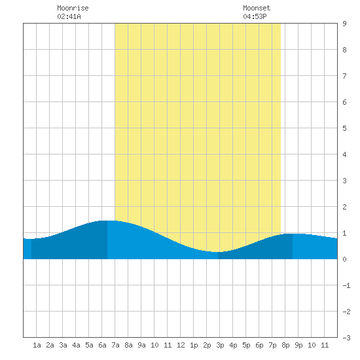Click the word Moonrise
(73, 8)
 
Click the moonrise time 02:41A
(69, 16)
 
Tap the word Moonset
(257, 8)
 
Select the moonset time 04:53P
(255, 16)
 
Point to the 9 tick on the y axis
(344, 24)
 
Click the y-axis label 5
(344, 128)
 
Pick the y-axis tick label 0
(344, 259)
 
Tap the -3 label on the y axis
(346, 338)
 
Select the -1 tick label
(346, 285)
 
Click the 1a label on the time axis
(37, 345)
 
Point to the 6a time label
(102, 345)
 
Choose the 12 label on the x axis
(181, 345)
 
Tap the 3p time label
(220, 345)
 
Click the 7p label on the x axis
(272, 345)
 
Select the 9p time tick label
(298, 345)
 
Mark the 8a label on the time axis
(128, 345)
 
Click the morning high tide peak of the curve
(107, 221)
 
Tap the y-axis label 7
(344, 76)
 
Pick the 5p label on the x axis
(246, 345)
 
